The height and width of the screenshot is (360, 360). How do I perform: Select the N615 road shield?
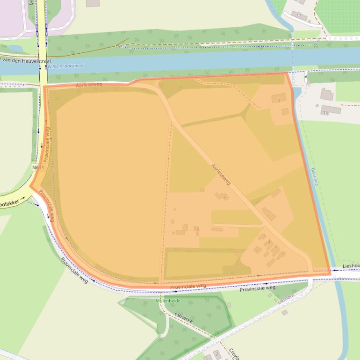coord(38,167)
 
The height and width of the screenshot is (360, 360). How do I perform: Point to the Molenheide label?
coord(168,301)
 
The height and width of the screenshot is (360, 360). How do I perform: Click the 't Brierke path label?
coord(183,317)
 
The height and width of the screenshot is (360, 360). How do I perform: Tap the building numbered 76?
coord(325,113)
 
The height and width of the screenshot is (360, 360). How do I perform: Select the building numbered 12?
coord(299,15)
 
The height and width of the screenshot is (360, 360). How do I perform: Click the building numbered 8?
coord(279,101)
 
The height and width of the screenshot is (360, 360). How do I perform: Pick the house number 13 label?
coord(196,229)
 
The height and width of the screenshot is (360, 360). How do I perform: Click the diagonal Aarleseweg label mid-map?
coord(221,174)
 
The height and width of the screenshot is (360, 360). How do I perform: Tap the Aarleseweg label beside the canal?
coord(88,85)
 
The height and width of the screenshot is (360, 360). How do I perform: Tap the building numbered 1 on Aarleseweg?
coord(268,215)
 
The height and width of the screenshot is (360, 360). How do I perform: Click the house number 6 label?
coord(283,253)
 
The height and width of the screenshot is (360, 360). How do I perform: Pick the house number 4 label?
coord(269,242)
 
